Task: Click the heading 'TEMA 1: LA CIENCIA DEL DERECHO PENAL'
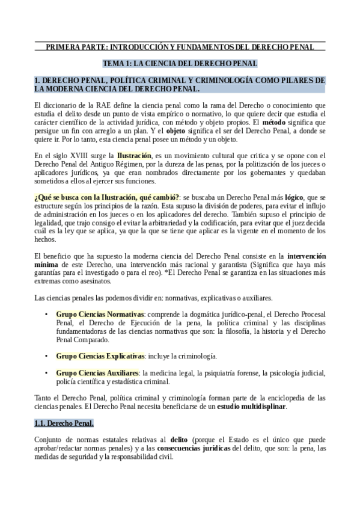pos(180,63)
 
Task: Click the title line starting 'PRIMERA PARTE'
pos(180,46)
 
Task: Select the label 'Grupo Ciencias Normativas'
pos(100,314)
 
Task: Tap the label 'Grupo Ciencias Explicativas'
pos(100,356)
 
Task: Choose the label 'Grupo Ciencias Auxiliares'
pos(97,373)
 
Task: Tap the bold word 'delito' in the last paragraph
pos(179,440)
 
